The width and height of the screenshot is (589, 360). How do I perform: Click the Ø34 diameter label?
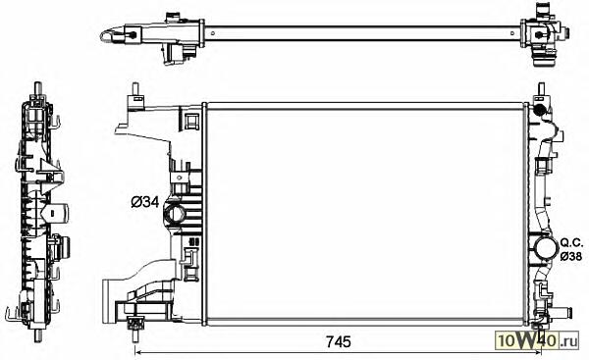[x=145, y=203]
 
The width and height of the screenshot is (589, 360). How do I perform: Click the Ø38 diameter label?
[x=571, y=256]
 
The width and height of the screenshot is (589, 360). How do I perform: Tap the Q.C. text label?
[x=571, y=243]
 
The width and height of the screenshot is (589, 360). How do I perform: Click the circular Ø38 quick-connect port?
[x=545, y=249]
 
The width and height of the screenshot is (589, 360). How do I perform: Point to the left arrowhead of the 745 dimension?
[x=137, y=352]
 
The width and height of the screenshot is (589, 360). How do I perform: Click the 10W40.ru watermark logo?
[x=537, y=340]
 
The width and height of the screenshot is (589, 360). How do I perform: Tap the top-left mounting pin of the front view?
[x=135, y=90]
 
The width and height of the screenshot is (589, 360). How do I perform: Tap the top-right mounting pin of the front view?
[x=541, y=89]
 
